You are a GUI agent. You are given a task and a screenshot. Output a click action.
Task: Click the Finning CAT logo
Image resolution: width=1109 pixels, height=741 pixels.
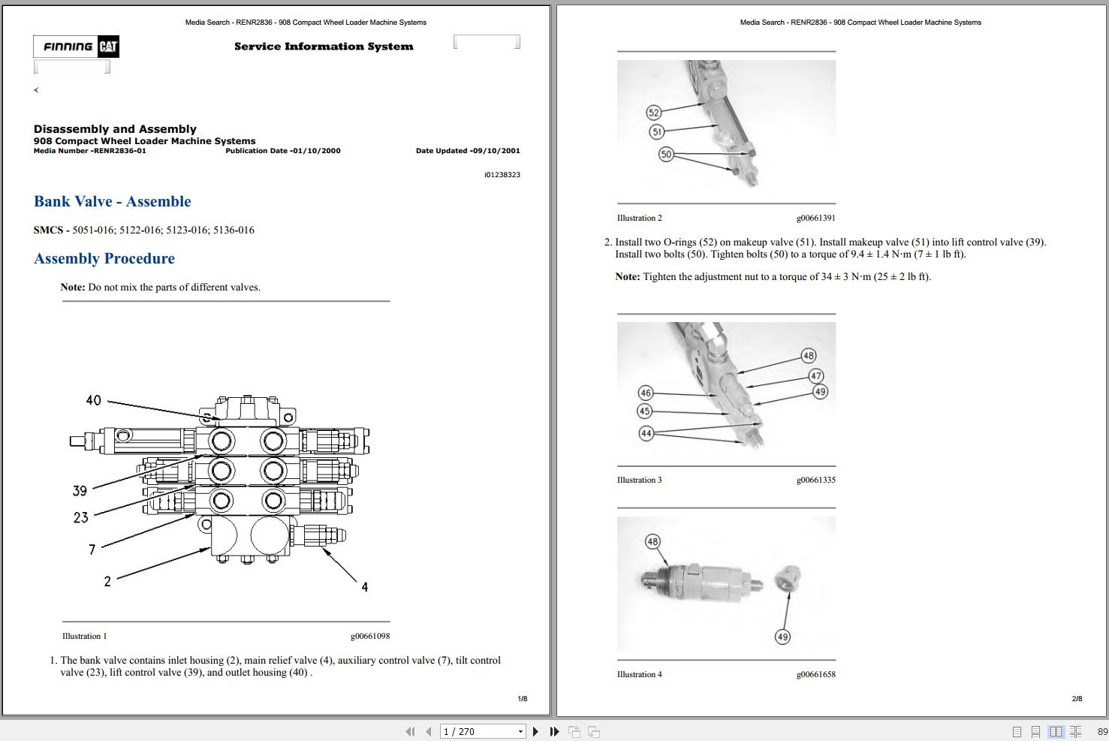(x=76, y=47)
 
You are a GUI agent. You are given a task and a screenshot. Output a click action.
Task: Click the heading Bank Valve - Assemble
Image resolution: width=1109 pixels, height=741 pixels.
(x=113, y=201)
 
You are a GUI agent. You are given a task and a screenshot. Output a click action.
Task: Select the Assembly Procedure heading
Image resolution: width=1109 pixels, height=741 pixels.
(x=104, y=258)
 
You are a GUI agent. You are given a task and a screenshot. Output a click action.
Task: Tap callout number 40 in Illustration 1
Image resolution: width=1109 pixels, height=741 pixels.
(x=93, y=400)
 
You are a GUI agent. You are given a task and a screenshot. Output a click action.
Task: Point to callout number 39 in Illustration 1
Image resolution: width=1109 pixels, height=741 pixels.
(x=80, y=490)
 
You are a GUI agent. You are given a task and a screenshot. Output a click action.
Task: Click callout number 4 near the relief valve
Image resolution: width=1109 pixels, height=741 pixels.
(x=364, y=587)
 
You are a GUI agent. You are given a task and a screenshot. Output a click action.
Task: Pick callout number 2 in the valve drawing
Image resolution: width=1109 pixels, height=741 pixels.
(x=107, y=581)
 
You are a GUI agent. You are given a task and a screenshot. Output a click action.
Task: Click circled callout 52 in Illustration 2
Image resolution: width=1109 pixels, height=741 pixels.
(x=653, y=113)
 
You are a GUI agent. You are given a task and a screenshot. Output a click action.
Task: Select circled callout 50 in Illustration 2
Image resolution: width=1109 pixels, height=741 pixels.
(x=665, y=154)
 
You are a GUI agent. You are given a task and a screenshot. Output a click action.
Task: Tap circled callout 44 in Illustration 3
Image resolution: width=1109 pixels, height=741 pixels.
(x=646, y=433)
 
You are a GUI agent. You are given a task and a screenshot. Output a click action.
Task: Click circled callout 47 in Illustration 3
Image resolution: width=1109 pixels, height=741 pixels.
(x=815, y=375)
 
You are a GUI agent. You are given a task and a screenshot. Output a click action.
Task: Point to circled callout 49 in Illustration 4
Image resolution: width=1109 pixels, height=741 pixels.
(x=782, y=637)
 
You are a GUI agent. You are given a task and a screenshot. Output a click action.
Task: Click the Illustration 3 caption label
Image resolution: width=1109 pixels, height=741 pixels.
(x=639, y=480)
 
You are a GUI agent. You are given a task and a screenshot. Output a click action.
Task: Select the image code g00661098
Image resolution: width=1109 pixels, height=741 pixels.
(x=369, y=636)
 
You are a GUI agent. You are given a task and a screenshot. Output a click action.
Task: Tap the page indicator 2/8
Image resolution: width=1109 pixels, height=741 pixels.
(x=1077, y=698)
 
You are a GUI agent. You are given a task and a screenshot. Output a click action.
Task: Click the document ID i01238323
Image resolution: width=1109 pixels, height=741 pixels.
(x=502, y=174)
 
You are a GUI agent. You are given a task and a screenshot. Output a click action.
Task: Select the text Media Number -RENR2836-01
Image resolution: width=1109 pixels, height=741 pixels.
(x=90, y=151)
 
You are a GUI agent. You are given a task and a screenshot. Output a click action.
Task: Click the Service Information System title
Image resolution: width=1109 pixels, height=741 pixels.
(x=324, y=47)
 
